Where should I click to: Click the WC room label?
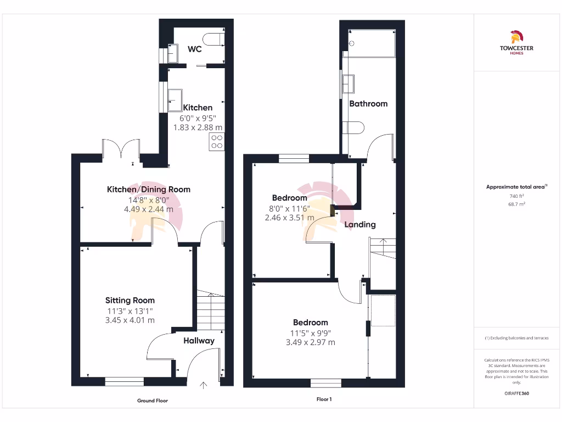pyautogui.click(x=195, y=49)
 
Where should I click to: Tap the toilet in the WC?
pyautogui.click(x=213, y=38)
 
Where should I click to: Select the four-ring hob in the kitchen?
pyautogui.click(x=216, y=142)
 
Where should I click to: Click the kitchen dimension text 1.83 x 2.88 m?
pyautogui.click(x=198, y=127)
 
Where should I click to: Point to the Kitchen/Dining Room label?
pyautogui.click(x=148, y=190)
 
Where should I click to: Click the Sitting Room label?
pyautogui.click(x=130, y=301)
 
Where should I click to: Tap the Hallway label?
pyautogui.click(x=199, y=341)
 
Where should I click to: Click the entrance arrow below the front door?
pyautogui.click(x=204, y=386)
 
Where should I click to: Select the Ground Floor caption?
pyautogui.click(x=153, y=401)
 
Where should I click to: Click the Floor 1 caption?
pyautogui.click(x=324, y=399)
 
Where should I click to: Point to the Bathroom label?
pyautogui.click(x=368, y=103)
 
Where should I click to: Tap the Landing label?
pyautogui.click(x=360, y=224)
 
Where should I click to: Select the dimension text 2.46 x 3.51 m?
pyautogui.click(x=289, y=218)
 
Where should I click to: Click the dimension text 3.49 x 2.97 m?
pyautogui.click(x=310, y=342)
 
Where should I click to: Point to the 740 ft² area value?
pyautogui.click(x=516, y=196)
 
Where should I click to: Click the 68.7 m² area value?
pyautogui.click(x=516, y=204)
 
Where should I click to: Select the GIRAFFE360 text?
pyautogui.click(x=516, y=393)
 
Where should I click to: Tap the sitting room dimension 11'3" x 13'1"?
pyautogui.click(x=130, y=311)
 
